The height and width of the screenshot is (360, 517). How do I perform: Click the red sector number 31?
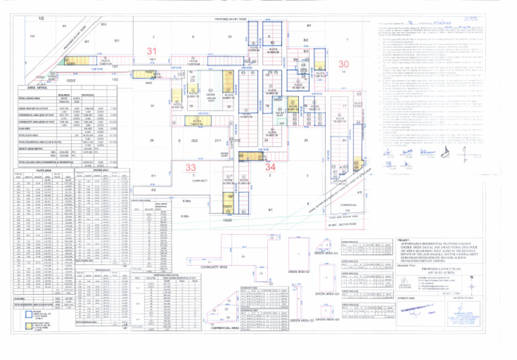[153, 51]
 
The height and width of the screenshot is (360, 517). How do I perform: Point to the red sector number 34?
[270, 166]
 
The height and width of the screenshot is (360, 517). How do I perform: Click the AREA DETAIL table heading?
[32, 88]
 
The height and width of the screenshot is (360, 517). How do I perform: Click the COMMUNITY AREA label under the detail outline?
[211, 287]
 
